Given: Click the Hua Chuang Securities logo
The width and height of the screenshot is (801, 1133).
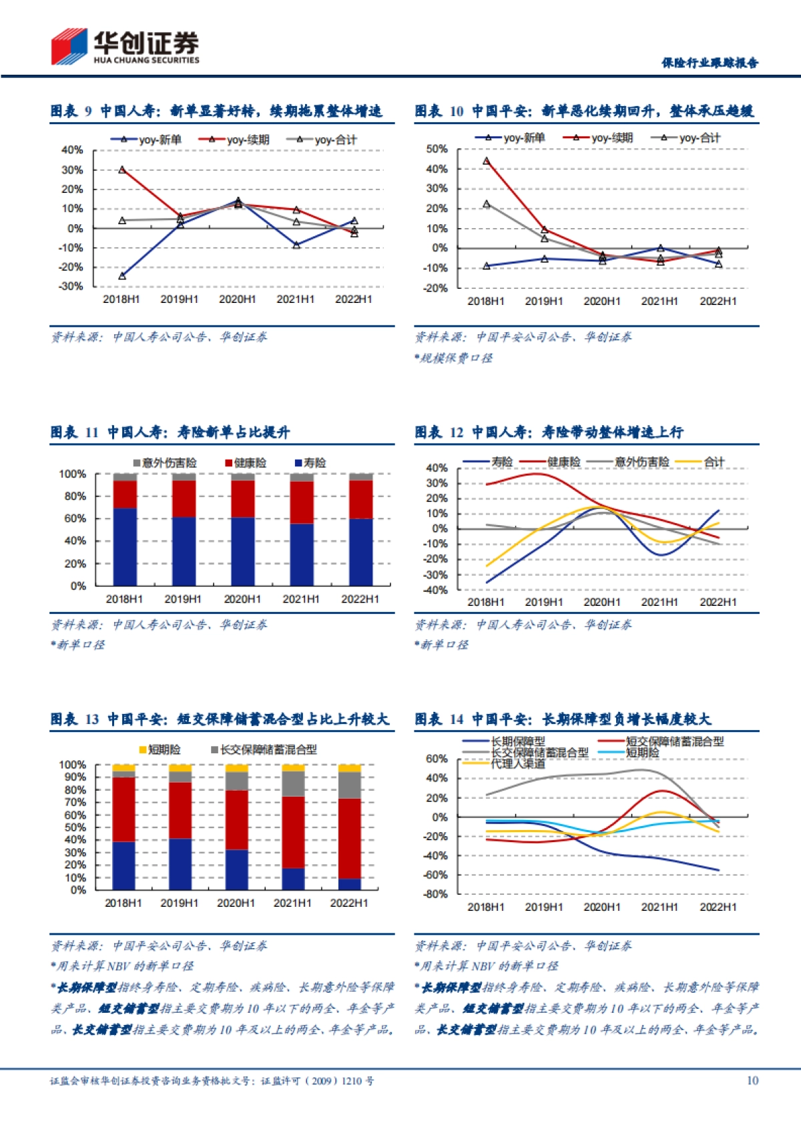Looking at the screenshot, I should pyautogui.click(x=125, y=47).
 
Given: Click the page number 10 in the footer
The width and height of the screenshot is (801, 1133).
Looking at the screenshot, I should pyautogui.click(x=752, y=1080).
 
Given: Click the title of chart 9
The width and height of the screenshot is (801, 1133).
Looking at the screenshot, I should pyautogui.click(x=217, y=111).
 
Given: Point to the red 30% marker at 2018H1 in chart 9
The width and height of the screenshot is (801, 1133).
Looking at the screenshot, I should pyautogui.click(x=122, y=169).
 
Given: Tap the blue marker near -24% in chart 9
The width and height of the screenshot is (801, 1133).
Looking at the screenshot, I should pyautogui.click(x=122, y=276).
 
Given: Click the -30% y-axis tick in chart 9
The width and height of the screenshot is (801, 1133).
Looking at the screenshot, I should pyautogui.click(x=72, y=286).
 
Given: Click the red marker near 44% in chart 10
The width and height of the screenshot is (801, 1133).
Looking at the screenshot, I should pyautogui.click(x=486, y=161).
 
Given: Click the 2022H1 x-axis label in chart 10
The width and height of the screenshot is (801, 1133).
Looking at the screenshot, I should pyautogui.click(x=718, y=302).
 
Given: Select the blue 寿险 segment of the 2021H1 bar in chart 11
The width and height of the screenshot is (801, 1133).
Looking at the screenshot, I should pyautogui.click(x=302, y=554).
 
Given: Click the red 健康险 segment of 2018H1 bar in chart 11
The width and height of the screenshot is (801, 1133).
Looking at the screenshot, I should pyautogui.click(x=125, y=494).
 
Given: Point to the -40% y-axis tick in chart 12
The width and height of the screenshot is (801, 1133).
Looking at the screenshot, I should pyautogui.click(x=437, y=590).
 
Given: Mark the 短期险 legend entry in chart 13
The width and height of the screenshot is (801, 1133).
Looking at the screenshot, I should pyautogui.click(x=161, y=749).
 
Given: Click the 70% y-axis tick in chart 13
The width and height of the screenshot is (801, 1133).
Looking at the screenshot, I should pyautogui.click(x=72, y=802).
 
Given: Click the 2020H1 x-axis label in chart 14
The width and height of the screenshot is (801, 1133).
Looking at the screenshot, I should pyautogui.click(x=601, y=907).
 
